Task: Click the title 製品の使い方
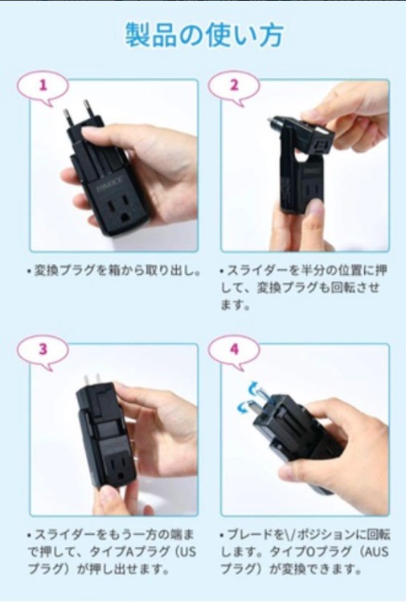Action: (204, 35)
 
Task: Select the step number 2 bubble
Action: (234, 85)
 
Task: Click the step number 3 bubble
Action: (43, 350)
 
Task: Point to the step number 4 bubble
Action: (234, 350)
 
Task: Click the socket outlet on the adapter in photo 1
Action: (120, 211)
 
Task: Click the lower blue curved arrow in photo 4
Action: (244, 406)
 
